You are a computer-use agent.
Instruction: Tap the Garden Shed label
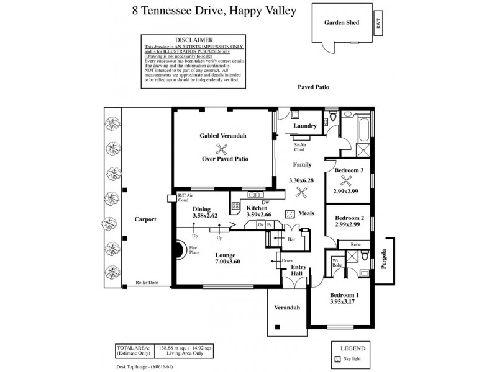pos(342,22)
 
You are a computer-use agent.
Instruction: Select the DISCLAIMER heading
pos(194,39)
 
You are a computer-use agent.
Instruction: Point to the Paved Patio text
pos(313,88)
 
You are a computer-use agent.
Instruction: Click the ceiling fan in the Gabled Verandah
pos(220,147)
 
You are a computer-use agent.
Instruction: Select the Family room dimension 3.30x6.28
pos(303,180)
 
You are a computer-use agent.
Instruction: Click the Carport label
pos(145,219)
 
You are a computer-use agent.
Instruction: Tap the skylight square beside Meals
pos(289,213)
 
